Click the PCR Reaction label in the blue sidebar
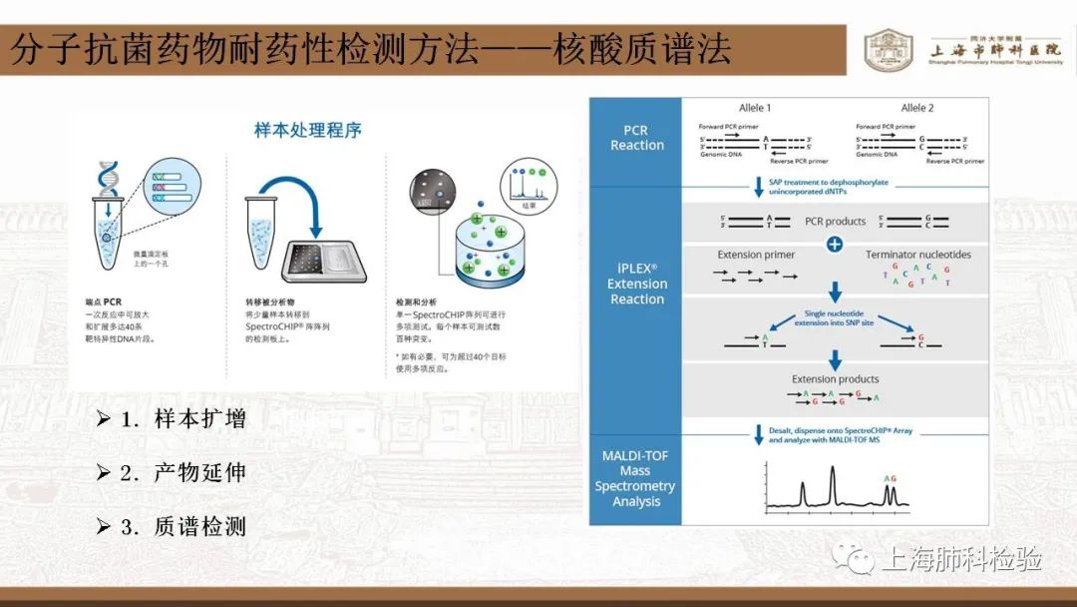click(636, 138)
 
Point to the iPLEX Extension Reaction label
click(636, 284)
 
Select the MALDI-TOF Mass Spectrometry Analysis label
click(635, 478)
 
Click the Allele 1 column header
click(754, 108)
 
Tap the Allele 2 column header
click(916, 108)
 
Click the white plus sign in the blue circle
click(835, 245)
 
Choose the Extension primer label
click(756, 255)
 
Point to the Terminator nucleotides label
click(917, 255)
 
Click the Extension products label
click(835, 379)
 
